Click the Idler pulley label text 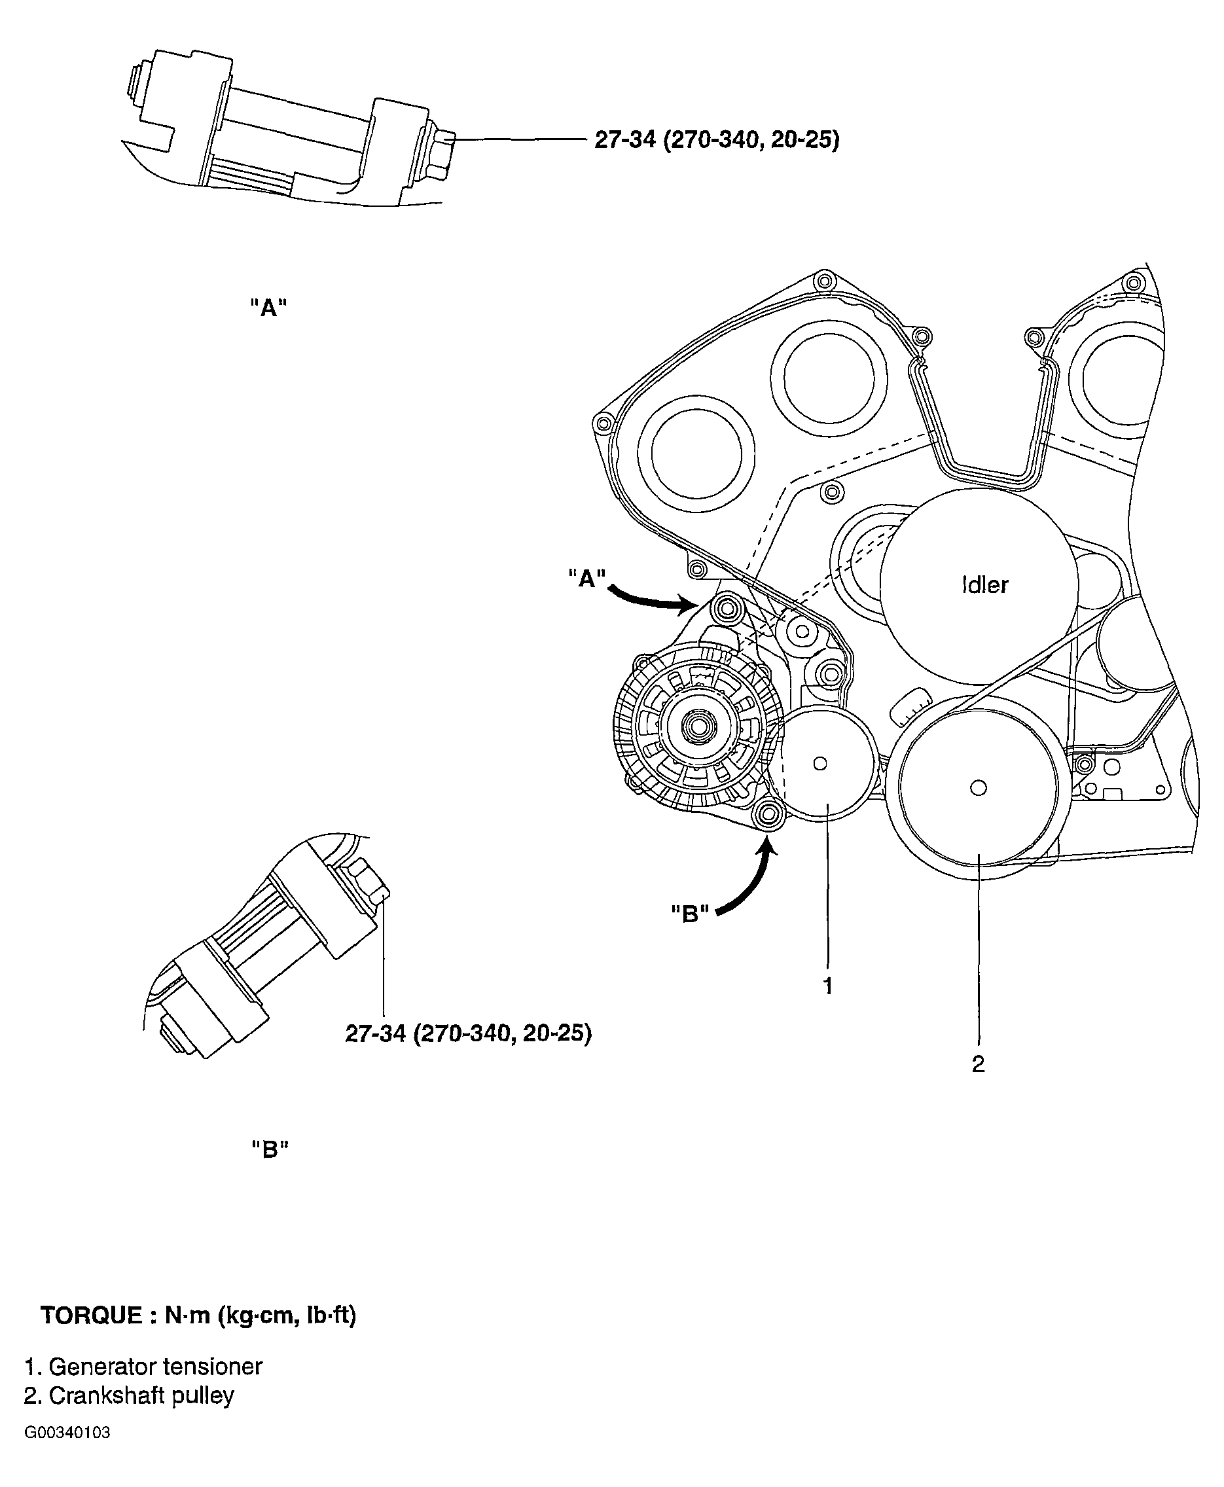tap(985, 584)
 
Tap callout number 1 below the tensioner tap(829, 986)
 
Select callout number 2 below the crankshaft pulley tap(978, 1064)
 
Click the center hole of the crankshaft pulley tap(978, 787)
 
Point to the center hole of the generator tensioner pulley tap(819, 764)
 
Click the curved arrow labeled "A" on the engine tap(652, 599)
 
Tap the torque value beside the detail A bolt tap(716, 140)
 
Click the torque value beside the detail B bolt tap(468, 1033)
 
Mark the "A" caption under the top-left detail tap(268, 308)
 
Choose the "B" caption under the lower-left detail tap(271, 1150)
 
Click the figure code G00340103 tap(67, 1433)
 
